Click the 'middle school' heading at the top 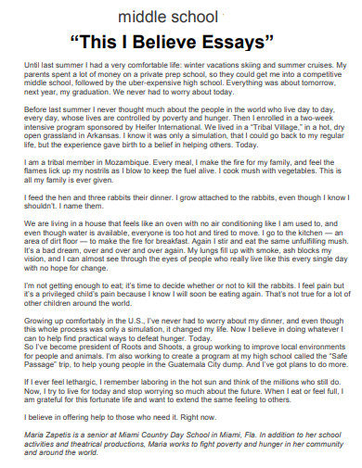[x=181, y=18]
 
